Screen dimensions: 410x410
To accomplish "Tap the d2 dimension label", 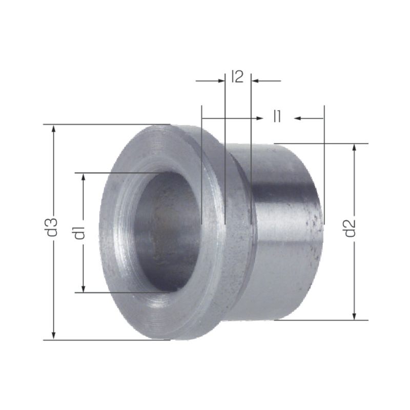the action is click(350, 228).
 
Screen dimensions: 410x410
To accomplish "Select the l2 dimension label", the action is click(237, 77).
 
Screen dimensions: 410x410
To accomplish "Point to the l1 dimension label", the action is click(277, 116).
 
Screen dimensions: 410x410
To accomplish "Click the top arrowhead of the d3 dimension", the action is click(54, 129).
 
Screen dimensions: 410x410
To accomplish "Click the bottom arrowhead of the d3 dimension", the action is click(54, 336).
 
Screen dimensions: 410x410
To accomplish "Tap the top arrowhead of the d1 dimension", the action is click(84, 177).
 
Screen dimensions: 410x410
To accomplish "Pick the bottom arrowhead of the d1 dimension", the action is click(84, 288).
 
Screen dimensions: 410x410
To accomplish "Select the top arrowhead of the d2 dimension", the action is click(354, 148).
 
